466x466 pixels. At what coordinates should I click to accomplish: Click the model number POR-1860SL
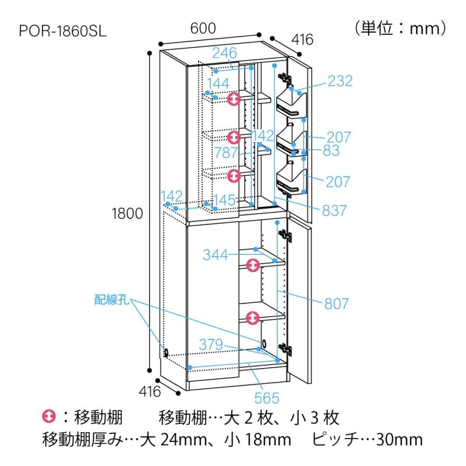coord(63,31)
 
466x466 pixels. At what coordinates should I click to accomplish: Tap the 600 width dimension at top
coord(203,28)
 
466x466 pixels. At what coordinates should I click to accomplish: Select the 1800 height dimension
coord(127,213)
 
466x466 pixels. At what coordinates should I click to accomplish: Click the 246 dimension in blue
coord(224,53)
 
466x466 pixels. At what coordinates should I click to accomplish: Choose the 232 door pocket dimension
coord(340,81)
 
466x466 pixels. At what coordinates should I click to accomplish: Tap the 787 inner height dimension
coord(226,153)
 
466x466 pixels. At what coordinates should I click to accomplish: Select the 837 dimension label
coord(334,210)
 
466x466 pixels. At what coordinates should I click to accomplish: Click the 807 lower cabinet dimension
coord(336,303)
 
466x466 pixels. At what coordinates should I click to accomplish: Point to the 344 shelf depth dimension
coord(215,255)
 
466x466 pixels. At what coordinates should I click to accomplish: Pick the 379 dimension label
coord(211,344)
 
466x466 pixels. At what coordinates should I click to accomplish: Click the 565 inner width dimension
coord(267,398)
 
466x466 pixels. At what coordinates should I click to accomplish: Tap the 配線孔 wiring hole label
coord(112,299)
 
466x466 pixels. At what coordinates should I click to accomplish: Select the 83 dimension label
coord(331,150)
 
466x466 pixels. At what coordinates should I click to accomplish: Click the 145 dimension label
coord(224,200)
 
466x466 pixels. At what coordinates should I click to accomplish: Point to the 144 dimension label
coord(218,83)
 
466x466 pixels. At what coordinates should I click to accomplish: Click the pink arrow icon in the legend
coord(49,416)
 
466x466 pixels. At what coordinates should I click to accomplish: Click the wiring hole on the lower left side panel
coord(166,353)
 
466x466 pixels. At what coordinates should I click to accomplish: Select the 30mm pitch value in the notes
coord(399,440)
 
